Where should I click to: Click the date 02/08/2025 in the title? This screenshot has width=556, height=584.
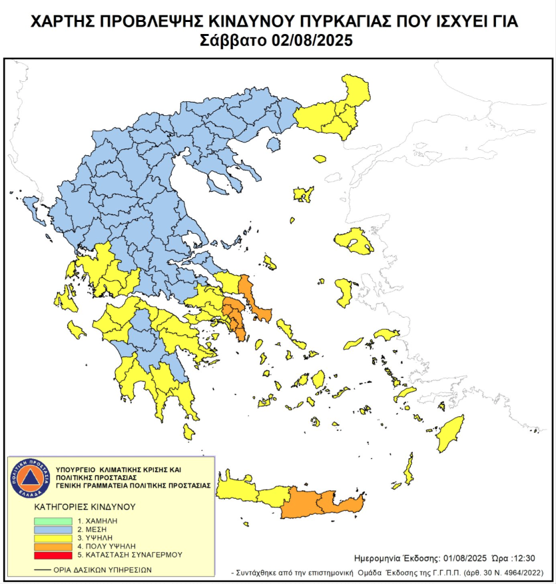312,40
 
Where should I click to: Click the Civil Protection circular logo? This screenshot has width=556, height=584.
27,477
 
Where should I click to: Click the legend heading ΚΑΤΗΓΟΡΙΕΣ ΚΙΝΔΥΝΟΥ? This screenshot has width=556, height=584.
85,507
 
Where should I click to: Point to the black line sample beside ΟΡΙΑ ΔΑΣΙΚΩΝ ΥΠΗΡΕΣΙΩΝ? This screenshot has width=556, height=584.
43,570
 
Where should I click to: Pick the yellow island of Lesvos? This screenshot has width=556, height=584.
354,240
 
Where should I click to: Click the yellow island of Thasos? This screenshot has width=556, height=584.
320,159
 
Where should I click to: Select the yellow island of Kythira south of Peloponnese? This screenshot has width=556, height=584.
190,432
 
